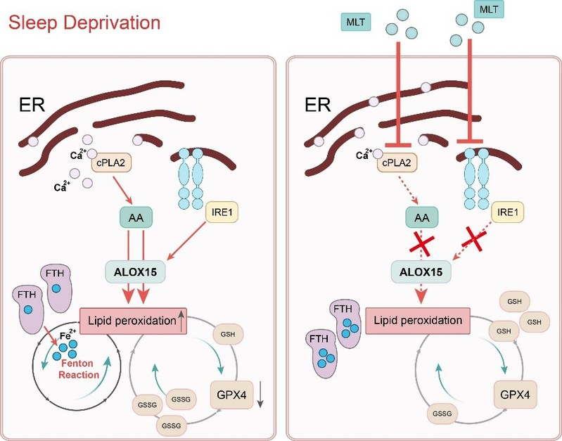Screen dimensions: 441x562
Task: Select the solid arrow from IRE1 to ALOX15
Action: [191, 241]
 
